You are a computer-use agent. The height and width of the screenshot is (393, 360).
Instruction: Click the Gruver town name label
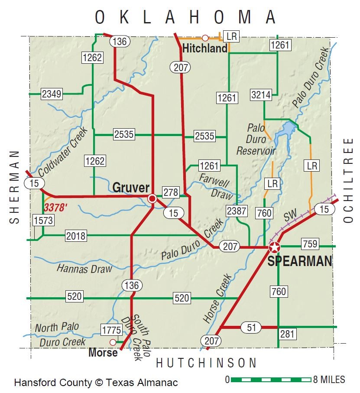(x=131, y=188)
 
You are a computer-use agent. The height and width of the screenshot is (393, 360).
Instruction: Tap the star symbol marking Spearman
(x=274, y=248)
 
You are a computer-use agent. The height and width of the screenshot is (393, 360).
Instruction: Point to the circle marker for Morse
(x=113, y=342)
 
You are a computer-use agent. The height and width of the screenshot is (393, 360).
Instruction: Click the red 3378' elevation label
(x=55, y=208)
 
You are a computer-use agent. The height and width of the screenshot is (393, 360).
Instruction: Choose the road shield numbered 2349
(x=52, y=93)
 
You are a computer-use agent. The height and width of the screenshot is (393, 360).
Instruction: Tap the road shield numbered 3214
(x=261, y=95)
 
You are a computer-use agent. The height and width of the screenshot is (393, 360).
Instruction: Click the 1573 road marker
(x=43, y=221)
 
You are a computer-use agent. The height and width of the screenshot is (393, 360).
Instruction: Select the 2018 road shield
(x=76, y=236)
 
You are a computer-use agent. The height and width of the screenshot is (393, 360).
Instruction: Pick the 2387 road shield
(x=237, y=211)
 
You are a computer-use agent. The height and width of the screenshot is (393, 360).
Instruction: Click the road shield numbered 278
(x=170, y=192)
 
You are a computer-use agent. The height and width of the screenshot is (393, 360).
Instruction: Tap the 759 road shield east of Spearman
(x=310, y=244)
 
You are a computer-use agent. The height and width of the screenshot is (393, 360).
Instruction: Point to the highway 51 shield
(x=251, y=327)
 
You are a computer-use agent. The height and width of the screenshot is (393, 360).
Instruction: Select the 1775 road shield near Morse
(x=111, y=330)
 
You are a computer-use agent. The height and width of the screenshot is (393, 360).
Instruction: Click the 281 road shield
(x=287, y=334)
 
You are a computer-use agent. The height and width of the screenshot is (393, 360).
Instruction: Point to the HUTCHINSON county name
(x=206, y=363)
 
